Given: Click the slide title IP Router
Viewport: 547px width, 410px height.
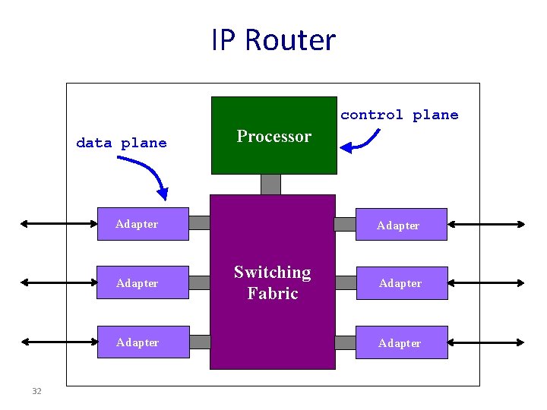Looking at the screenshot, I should (273, 40).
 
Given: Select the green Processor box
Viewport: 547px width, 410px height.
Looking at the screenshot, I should (273, 135).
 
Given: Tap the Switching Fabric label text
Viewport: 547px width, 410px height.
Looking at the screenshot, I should (272, 282).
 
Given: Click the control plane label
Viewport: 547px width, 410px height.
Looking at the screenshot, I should (399, 115).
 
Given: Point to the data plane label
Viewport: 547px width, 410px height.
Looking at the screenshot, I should (122, 143).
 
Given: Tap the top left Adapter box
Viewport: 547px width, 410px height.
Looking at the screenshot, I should (143, 224).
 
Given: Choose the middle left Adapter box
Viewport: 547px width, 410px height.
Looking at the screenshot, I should (143, 283).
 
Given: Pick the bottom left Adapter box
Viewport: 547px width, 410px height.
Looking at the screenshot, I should (143, 342).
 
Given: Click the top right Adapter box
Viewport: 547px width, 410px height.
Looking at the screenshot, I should (401, 225).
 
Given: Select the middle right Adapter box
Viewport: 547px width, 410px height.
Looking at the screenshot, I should (401, 283).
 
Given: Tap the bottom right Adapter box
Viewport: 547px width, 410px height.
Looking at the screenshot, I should (401, 343).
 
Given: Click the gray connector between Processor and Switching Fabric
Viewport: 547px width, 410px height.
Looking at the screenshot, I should (270, 184).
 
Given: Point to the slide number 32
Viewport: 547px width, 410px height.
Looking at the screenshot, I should (36, 391).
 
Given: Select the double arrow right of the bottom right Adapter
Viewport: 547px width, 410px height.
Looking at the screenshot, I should (486, 342).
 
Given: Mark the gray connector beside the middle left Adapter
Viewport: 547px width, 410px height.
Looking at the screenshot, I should (199, 282).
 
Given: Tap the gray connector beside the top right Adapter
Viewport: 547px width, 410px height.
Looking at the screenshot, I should (345, 224).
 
